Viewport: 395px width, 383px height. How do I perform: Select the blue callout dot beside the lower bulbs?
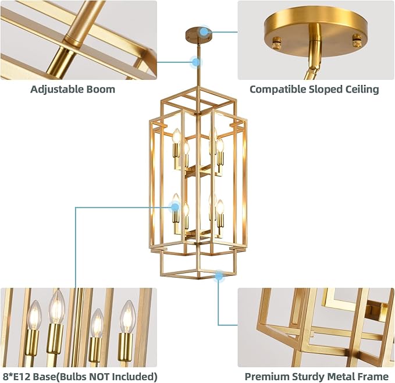coord(174,205)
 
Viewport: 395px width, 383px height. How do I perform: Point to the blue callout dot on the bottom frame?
coord(219,276)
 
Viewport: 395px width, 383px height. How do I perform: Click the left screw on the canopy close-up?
coord(277,41)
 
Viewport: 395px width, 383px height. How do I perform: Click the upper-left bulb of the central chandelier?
coord(177,137)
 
